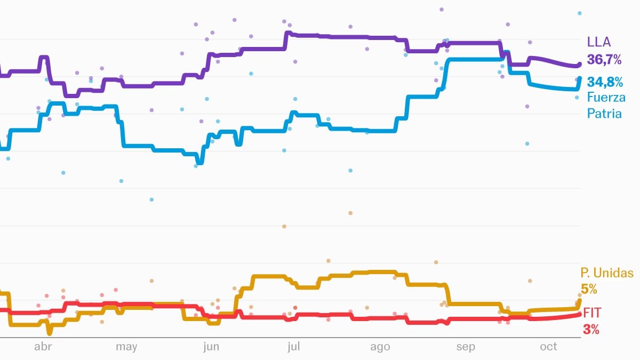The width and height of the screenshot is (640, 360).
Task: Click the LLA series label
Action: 598,42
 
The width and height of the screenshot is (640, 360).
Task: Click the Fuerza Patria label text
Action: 606,105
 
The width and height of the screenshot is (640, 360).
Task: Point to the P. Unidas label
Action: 607,274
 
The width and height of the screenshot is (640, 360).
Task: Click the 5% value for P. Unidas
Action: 589,290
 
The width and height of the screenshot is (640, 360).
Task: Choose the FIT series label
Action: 592,313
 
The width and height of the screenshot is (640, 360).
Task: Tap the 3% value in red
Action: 591,330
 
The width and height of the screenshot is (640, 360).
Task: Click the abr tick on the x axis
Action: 43,347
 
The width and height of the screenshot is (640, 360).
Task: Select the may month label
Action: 126,347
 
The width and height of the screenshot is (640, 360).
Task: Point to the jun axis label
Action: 211,347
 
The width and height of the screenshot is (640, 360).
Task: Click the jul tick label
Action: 293,347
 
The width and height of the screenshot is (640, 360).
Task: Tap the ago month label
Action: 380,347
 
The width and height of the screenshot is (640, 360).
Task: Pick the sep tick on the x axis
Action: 465,347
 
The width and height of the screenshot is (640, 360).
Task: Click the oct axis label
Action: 548,347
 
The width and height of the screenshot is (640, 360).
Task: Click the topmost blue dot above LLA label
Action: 580,13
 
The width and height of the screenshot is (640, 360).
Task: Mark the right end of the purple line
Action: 580,65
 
